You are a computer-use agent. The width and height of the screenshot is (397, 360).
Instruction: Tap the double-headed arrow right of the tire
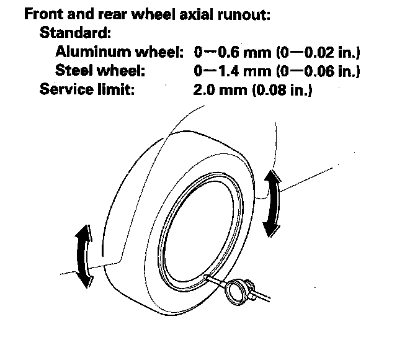tap(271, 204)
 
